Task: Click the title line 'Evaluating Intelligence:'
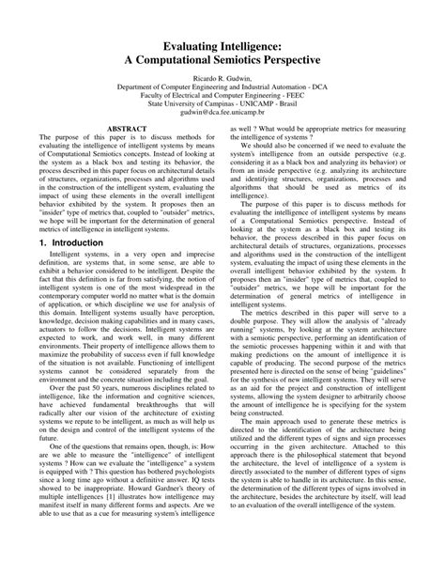[222, 43]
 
